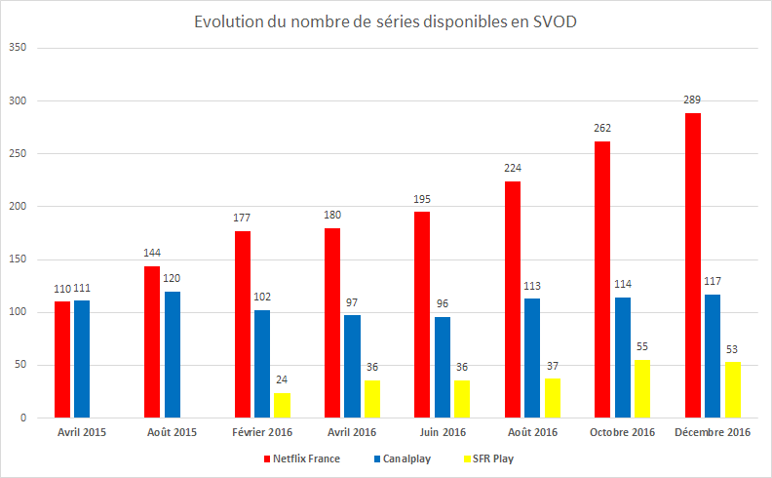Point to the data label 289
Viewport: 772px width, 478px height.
coord(693,100)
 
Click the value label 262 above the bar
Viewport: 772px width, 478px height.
coord(602,128)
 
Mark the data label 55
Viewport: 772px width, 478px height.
coord(642,346)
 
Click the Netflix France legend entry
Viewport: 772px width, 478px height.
coord(302,458)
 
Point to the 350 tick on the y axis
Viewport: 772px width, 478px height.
coord(18,48)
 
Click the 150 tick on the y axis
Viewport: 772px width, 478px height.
coord(18,259)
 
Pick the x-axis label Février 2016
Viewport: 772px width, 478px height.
coord(263,431)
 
